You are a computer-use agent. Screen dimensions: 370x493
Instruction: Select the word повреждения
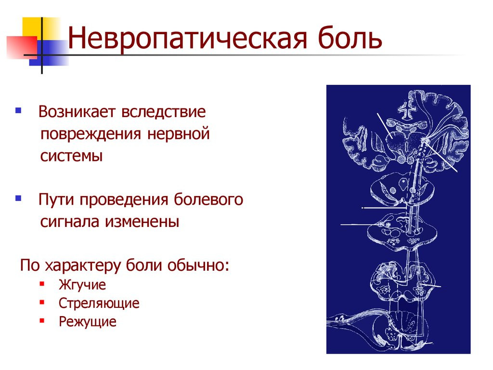point(89,134)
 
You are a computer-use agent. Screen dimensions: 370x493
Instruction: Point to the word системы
point(71,157)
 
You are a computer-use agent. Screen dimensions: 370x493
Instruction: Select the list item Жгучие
point(82,285)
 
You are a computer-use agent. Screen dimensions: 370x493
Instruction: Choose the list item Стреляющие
point(99,303)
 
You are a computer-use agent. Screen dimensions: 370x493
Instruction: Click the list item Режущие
point(88,321)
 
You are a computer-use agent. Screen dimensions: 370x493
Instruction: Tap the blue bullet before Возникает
point(18,111)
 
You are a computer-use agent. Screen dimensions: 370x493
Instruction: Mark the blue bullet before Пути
point(18,198)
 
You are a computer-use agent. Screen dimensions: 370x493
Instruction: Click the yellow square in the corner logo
point(32,28)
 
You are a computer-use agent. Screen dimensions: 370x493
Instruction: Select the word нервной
point(185,134)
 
